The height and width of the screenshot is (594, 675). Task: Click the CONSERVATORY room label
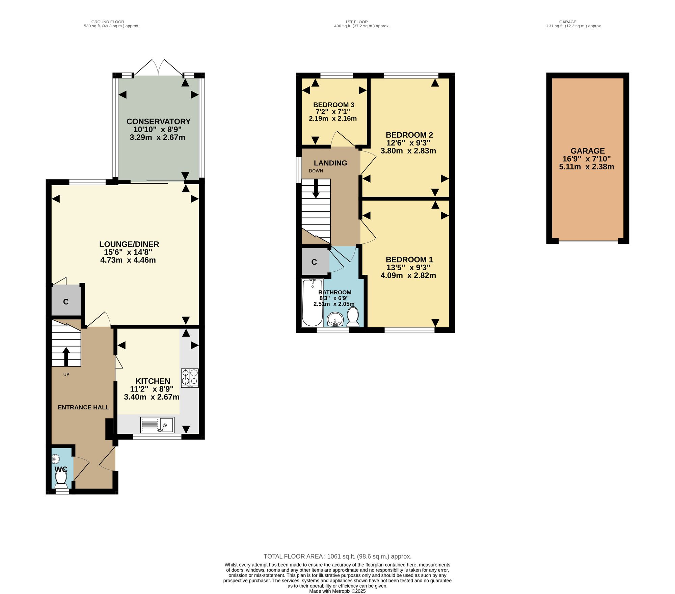[159, 122]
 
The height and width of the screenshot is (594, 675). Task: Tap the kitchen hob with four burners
[190, 378]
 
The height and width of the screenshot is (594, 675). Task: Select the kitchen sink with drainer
[157, 425]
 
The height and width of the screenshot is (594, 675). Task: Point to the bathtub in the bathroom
[313, 302]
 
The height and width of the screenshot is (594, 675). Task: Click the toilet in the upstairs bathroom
[353, 317]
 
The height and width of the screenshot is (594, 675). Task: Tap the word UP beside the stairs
[66, 375]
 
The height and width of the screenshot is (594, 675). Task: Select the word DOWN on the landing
[316, 171]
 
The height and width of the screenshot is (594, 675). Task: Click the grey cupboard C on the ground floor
[66, 301]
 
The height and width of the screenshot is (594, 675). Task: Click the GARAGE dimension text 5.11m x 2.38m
[587, 167]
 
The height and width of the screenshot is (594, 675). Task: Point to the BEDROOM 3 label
[334, 105]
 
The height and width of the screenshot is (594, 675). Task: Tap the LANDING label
[330, 163]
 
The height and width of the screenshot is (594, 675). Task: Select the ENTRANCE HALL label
[83, 407]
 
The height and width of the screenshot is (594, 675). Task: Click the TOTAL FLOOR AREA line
[337, 557]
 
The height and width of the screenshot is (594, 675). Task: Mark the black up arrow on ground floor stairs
[66, 357]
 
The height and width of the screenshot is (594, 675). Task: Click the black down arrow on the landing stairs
[316, 188]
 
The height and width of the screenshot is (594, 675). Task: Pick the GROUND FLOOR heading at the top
[108, 22]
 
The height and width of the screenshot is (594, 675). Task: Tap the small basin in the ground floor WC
[56, 459]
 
